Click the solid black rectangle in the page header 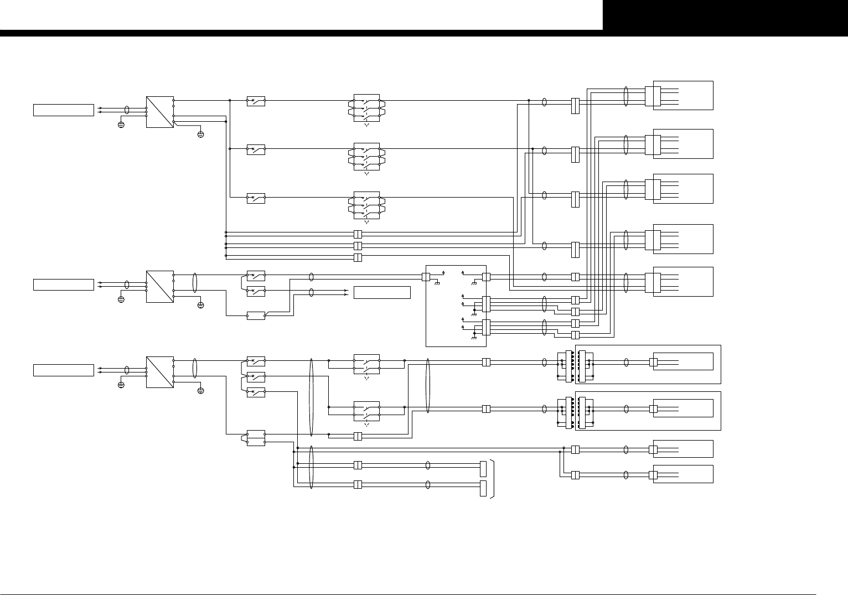tap(725, 15)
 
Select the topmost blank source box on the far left tap(64, 110)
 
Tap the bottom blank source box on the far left tap(64, 370)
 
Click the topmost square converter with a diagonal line tap(160, 112)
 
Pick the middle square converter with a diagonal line tap(160, 286)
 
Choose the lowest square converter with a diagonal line tap(160, 372)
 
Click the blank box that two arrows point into tap(382, 292)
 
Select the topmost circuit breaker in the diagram tap(256, 101)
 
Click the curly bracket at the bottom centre tap(491, 478)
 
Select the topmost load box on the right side tap(683, 95)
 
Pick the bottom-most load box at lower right tap(683, 474)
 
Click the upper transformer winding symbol tap(575, 366)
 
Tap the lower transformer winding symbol tap(575, 413)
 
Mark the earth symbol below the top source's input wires tap(121, 125)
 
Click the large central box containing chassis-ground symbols tap(456, 306)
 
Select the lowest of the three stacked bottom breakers tap(256, 392)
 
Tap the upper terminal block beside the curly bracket tap(483, 468)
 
